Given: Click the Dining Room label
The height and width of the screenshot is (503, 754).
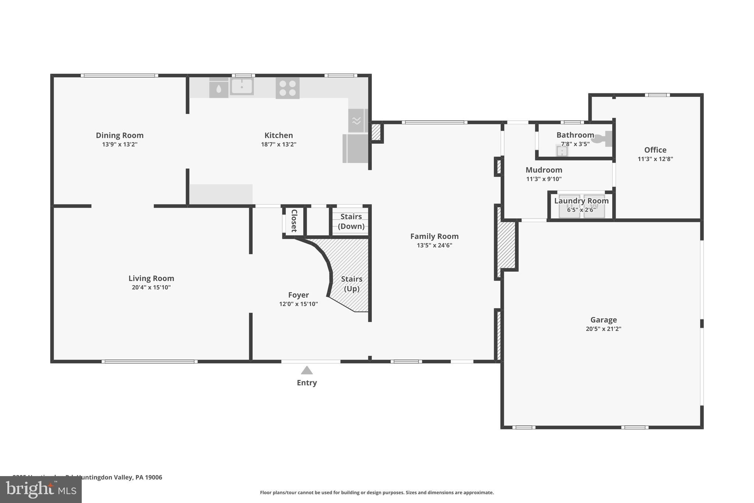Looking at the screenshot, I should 120,135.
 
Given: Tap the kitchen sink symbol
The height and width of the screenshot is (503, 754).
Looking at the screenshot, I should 242,87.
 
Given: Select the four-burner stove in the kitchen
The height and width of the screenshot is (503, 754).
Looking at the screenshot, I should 288,88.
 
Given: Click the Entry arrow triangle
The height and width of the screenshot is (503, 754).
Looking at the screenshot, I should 307,370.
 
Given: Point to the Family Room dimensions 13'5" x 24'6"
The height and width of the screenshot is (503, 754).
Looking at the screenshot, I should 434,245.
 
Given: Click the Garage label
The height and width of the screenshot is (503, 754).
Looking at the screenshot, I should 603,320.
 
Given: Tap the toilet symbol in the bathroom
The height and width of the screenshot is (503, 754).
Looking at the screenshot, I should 603,139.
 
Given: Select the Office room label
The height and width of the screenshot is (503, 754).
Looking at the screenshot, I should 655,150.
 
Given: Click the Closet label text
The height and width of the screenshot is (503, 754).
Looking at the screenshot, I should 294,221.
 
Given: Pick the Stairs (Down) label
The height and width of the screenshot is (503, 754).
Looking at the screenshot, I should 351,221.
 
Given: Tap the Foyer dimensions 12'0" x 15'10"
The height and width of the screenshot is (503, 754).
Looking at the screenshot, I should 298,304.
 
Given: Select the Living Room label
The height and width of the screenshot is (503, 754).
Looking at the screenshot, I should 151,278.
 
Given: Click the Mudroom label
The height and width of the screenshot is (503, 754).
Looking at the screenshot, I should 544,170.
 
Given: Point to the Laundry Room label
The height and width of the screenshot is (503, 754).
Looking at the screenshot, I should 581,201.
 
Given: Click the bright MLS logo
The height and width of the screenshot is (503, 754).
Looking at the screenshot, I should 41,490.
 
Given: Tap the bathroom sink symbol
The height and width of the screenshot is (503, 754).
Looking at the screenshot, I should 561,151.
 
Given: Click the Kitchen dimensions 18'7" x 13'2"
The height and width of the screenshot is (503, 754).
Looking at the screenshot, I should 279,144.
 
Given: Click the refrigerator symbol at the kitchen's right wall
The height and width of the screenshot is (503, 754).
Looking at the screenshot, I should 356,149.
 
